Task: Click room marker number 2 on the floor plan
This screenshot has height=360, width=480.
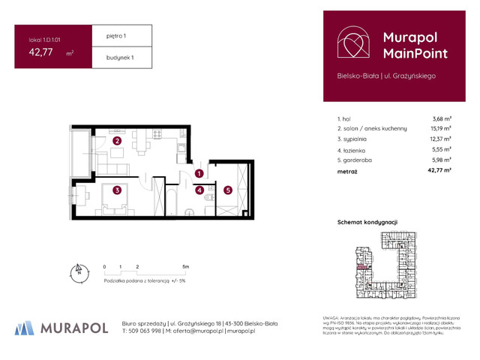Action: (x=117, y=140)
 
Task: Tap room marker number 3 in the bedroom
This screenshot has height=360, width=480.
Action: (x=117, y=190)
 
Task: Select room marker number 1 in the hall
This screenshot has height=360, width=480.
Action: (x=199, y=174)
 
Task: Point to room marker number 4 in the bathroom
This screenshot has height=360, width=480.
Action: (x=199, y=190)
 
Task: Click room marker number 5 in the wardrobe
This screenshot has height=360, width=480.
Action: (x=227, y=190)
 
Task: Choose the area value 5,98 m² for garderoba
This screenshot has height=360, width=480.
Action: (x=441, y=160)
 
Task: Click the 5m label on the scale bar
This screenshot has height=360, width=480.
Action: (x=185, y=267)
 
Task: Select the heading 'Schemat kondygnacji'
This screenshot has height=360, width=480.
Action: (x=367, y=223)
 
